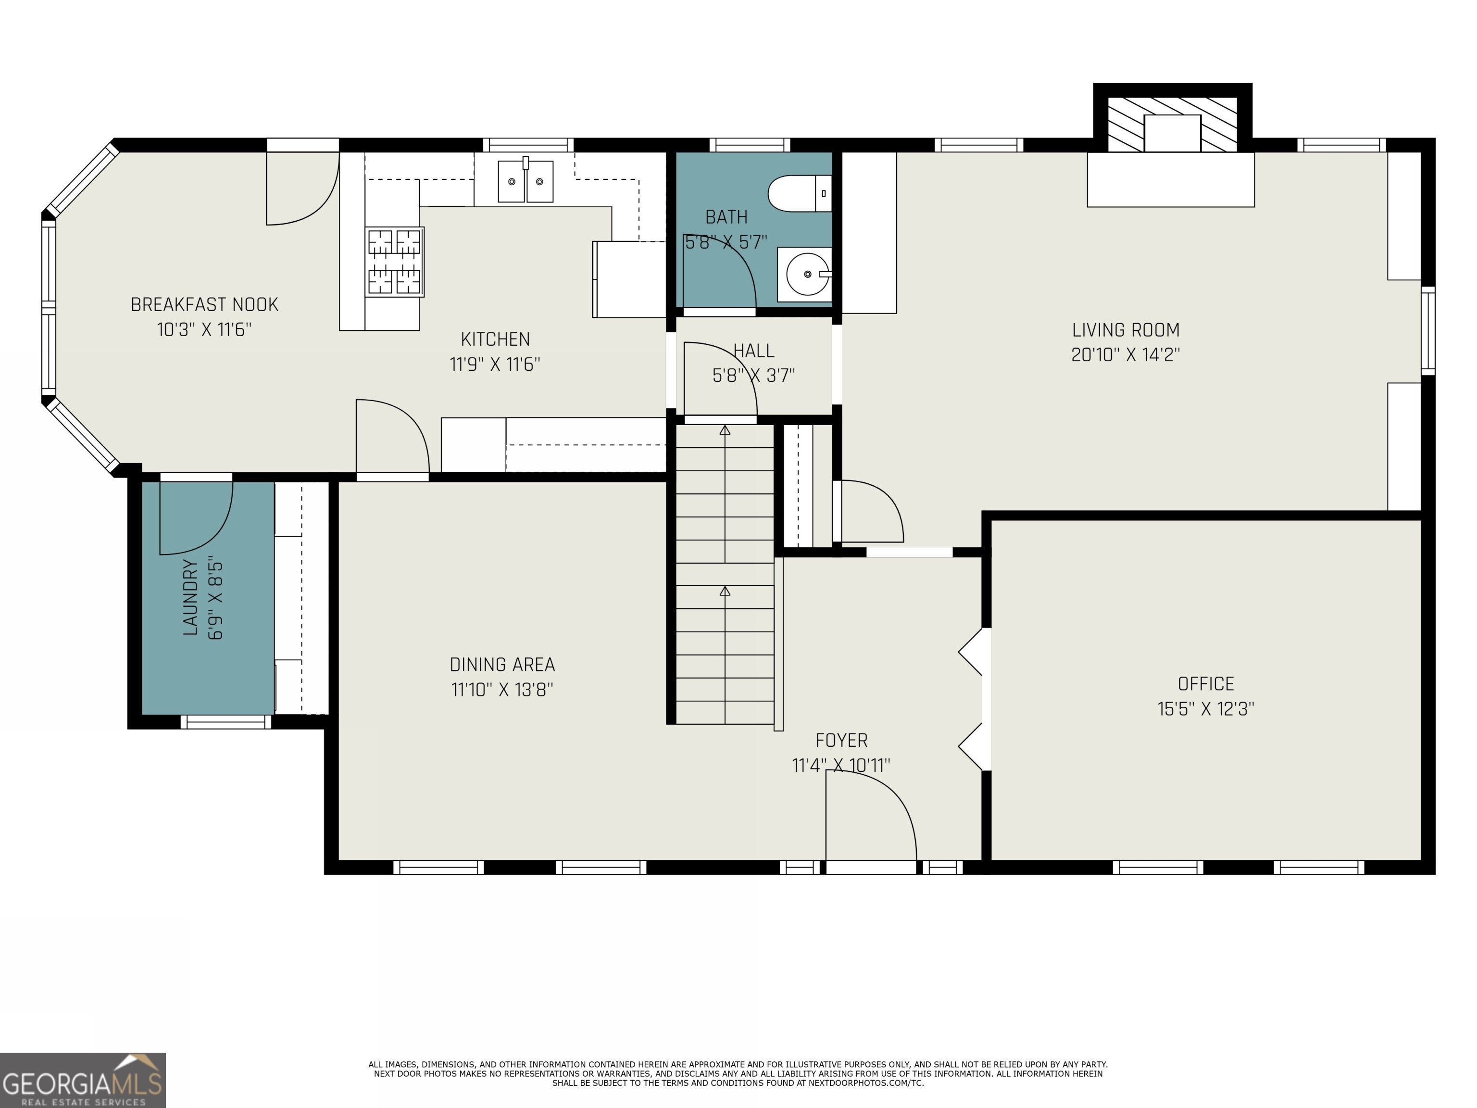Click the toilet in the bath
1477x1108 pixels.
pyautogui.click(x=799, y=194)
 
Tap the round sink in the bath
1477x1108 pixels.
pyautogui.click(x=807, y=274)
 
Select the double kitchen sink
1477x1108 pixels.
pyautogui.click(x=526, y=181)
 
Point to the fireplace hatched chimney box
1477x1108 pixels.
pyautogui.click(x=1173, y=125)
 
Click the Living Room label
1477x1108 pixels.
pyautogui.click(x=1126, y=330)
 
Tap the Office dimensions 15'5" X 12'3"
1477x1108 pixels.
pyautogui.click(x=1206, y=709)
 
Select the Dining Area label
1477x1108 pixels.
pyautogui.click(x=502, y=665)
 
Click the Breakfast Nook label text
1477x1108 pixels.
pyautogui.click(x=204, y=304)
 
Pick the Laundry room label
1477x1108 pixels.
pyautogui.click(x=190, y=598)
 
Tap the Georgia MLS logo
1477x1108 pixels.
pyautogui.click(x=83, y=1080)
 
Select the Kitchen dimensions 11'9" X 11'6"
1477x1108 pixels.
pyautogui.click(x=495, y=365)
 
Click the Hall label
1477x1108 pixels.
pyautogui.click(x=754, y=351)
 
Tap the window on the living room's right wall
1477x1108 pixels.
pyautogui.click(x=1427, y=330)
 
